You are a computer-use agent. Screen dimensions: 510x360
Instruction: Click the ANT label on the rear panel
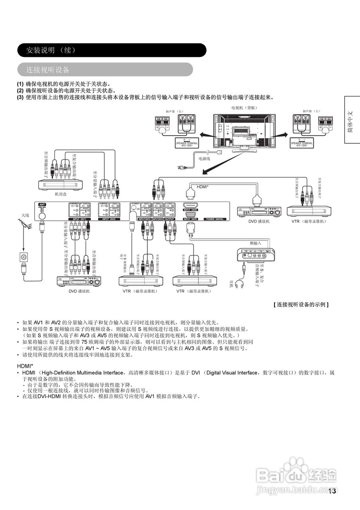click(x=42, y=204)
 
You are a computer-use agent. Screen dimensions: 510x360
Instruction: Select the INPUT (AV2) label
click(x=109, y=219)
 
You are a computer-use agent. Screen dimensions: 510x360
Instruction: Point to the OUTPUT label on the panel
click(x=170, y=219)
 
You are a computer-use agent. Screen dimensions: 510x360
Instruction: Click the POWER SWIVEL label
click(x=215, y=219)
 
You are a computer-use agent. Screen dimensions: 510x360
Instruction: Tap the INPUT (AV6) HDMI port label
click(x=190, y=210)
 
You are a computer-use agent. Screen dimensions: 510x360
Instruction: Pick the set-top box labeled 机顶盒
click(x=60, y=184)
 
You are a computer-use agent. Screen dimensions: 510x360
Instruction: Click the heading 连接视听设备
click(x=48, y=70)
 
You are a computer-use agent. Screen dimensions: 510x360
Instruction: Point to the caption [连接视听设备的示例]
click(x=301, y=304)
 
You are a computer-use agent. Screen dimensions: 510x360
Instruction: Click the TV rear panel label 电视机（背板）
click(x=245, y=108)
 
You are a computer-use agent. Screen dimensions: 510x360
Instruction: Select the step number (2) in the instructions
click(x=20, y=90)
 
